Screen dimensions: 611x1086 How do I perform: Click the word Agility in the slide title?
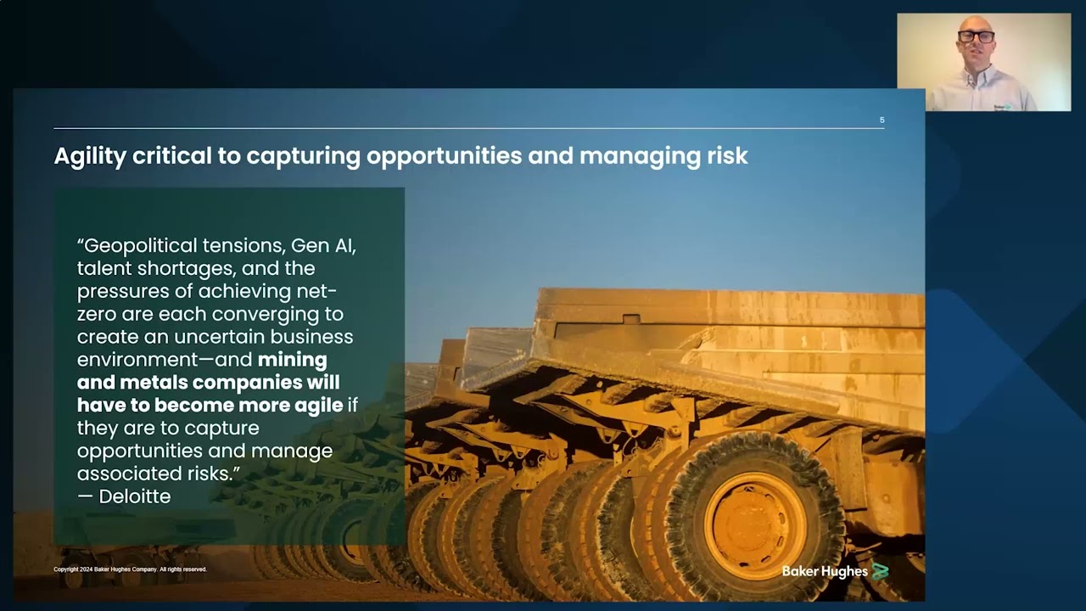tap(90, 156)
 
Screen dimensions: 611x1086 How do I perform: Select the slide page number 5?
tap(882, 121)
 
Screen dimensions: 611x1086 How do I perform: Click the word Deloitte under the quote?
tap(134, 496)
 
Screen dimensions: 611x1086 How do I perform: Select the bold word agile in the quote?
tap(318, 405)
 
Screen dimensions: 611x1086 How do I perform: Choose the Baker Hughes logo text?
tap(824, 571)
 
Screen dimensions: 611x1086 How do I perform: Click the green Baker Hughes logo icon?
tap(880, 571)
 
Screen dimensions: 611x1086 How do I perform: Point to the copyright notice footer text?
tap(130, 569)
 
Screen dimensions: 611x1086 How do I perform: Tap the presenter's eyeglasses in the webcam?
tap(976, 36)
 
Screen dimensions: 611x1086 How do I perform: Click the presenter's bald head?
tap(976, 22)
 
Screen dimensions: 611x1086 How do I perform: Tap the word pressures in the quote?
tap(121, 291)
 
